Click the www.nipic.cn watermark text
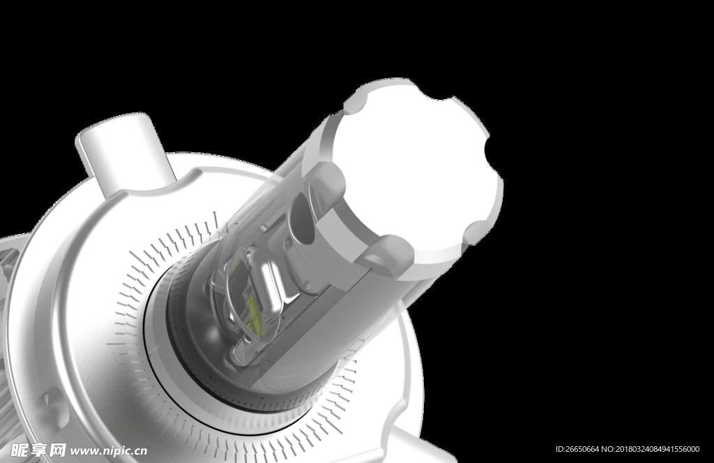pyautogui.click(x=109, y=451)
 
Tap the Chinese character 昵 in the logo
pyautogui.click(x=21, y=450)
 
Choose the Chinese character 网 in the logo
pyautogui.click(x=57, y=450)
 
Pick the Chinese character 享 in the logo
pyautogui.click(x=40, y=450)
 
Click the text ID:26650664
pyautogui.click(x=577, y=449)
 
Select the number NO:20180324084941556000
pyautogui.click(x=651, y=449)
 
